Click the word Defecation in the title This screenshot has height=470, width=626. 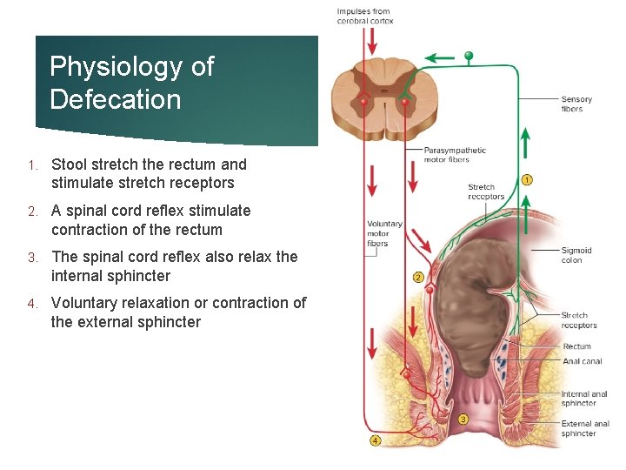pos(116,99)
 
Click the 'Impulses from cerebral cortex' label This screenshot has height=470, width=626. pos(364,16)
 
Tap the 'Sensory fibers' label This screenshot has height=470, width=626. pos(576,104)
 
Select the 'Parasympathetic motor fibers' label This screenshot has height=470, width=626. pos(454,155)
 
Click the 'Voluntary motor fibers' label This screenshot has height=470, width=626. pos(384,233)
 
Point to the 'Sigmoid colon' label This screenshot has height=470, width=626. pos(576,255)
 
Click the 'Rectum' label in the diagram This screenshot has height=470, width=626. pos(576,346)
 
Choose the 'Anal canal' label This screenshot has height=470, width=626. pos(581,361)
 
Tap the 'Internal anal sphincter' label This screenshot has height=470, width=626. pos(584,399)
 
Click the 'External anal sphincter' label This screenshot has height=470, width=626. pos(584,428)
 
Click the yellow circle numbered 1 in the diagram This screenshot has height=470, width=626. pos(527,180)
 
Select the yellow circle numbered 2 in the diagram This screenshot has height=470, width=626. pos(418,278)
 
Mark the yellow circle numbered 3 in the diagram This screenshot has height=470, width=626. pos(463,419)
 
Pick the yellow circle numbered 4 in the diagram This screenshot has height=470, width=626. pos(375,440)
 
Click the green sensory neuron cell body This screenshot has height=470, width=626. pos(469,57)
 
